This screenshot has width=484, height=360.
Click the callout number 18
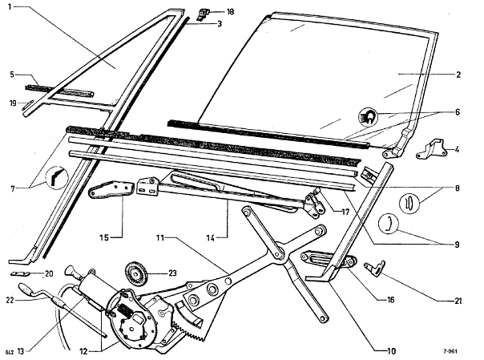click(x=231, y=13)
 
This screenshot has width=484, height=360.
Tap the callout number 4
click(x=457, y=150)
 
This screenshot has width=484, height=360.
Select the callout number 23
click(x=171, y=273)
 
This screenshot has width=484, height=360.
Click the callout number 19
click(x=13, y=103)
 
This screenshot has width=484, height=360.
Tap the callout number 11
click(x=159, y=238)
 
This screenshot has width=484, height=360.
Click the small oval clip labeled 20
click(x=23, y=273)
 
